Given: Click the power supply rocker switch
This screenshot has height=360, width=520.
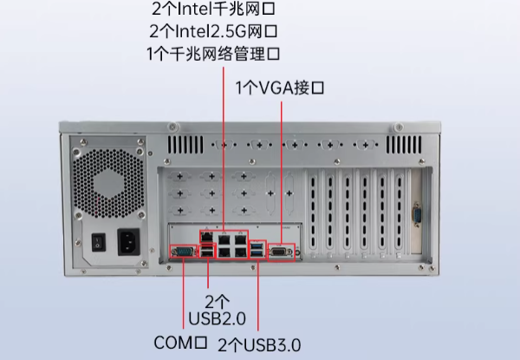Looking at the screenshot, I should point(100,242).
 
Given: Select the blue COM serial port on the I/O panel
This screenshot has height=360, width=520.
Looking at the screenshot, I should point(183,252).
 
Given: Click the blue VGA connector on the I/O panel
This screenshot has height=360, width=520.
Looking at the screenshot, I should point(280,252).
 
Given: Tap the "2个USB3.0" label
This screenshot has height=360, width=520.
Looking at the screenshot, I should point(259,344).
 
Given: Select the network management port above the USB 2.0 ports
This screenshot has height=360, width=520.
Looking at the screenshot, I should point(208,235).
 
